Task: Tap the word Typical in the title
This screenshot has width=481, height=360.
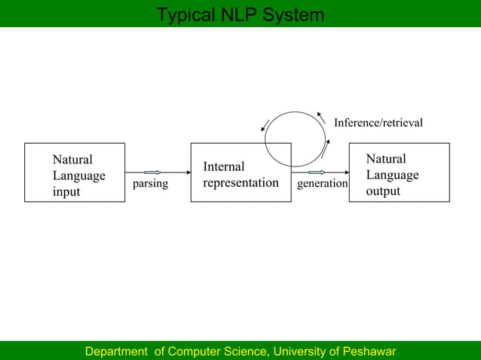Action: pos(184,15)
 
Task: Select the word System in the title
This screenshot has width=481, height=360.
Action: pos(295,15)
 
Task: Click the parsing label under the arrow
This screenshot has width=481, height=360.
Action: pos(150,184)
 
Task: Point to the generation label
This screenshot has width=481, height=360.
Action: pos(323,184)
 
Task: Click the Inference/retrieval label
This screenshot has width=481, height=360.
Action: pos(378,122)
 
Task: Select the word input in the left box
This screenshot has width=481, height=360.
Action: pos(66,192)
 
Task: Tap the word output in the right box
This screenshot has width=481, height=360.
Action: pos(383,191)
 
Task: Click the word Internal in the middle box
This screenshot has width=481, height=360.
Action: pos(224,166)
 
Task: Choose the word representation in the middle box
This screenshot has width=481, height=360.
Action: pos(241,183)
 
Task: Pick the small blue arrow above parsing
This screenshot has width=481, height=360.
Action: pos(153,172)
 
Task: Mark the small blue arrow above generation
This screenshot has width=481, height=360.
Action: pos(317,172)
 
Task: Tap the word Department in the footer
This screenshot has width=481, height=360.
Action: pos(117,352)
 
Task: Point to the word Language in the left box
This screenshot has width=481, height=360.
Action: pos(79,175)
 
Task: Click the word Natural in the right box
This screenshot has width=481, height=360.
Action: pos(386,159)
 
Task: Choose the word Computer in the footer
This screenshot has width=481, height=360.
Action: pos(198,352)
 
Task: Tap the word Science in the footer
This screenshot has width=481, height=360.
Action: pos(247,352)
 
